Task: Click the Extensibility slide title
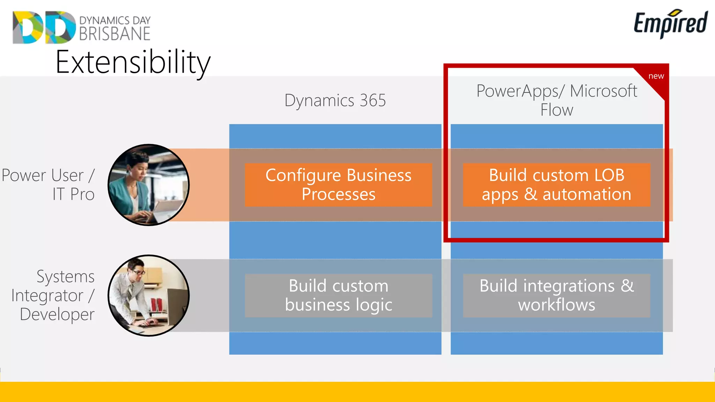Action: click(x=133, y=62)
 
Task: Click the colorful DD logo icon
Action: click(x=44, y=27)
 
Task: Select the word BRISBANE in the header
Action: click(x=115, y=34)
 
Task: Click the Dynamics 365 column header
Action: click(x=335, y=100)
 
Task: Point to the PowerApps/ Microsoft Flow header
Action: click(x=556, y=100)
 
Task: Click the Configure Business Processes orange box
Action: click(x=338, y=185)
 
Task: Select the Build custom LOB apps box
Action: click(x=556, y=185)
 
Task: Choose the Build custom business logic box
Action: click(x=338, y=295)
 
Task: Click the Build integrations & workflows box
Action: click(x=556, y=295)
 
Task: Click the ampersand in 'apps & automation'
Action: click(x=530, y=194)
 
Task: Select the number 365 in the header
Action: click(x=373, y=100)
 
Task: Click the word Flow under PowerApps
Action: click(x=556, y=110)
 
